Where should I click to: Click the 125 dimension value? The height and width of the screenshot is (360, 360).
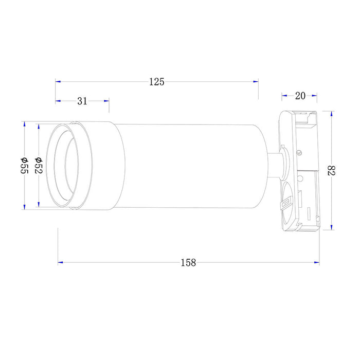point(156,82)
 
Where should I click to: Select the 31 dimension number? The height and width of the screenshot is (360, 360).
point(82,101)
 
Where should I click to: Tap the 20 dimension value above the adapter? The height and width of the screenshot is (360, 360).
point(300,95)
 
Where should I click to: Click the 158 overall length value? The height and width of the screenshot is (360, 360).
point(188,262)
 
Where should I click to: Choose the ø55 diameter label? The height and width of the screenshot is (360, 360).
point(24,166)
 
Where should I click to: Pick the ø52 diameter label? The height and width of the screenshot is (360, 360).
point(38,166)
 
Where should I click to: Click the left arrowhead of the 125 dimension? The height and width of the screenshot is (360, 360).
point(58,82)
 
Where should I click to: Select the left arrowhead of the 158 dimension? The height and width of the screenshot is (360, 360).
point(61,262)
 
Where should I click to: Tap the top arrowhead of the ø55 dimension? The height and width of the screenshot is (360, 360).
point(24,124)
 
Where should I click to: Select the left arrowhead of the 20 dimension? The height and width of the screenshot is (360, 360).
point(283,95)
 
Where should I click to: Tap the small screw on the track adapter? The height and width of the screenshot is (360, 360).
point(299,152)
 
